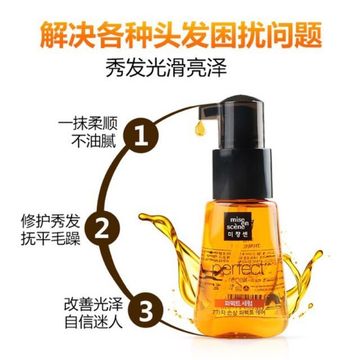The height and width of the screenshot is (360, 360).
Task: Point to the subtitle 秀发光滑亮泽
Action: coord(180,69)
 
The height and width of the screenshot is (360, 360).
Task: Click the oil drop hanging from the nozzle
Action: coord(199,129)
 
